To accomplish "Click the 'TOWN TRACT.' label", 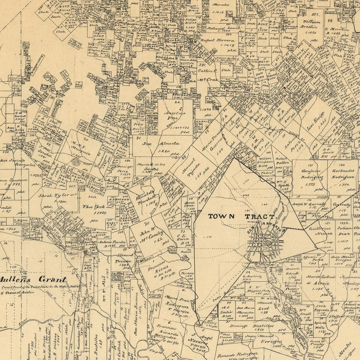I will pos(241,216).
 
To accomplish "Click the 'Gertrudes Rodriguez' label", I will pos(342,174).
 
